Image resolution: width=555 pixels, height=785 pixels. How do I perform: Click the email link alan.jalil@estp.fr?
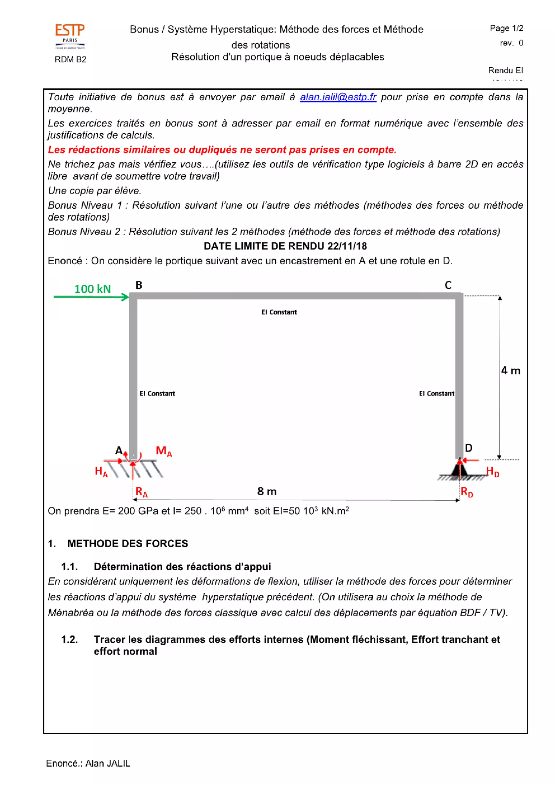pyautogui.click(x=338, y=97)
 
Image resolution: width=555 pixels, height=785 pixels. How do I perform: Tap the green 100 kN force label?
pyautogui.click(x=93, y=289)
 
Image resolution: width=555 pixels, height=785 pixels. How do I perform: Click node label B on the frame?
pyautogui.click(x=138, y=285)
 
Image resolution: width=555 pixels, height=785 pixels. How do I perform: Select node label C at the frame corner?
pyautogui.click(x=448, y=285)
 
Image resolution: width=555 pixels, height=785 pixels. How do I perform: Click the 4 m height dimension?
pyautogui.click(x=510, y=371)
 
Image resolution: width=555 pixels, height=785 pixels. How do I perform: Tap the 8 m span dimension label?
pyautogui.click(x=267, y=491)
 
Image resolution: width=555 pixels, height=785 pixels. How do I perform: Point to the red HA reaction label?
pyautogui.click(x=101, y=471)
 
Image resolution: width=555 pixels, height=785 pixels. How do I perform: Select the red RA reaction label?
pyautogui.click(x=141, y=492)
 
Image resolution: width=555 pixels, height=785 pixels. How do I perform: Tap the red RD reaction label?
pyautogui.click(x=466, y=492)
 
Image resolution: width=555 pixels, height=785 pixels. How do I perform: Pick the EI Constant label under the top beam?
pyautogui.click(x=279, y=312)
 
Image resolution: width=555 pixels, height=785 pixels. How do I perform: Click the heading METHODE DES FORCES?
pyautogui.click(x=128, y=544)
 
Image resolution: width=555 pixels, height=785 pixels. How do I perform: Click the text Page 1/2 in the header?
pyautogui.click(x=506, y=28)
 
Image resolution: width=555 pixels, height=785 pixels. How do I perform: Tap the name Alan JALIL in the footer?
pyautogui.click(x=108, y=764)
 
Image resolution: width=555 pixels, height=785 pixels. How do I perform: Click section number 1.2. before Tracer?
pyautogui.click(x=69, y=639)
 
